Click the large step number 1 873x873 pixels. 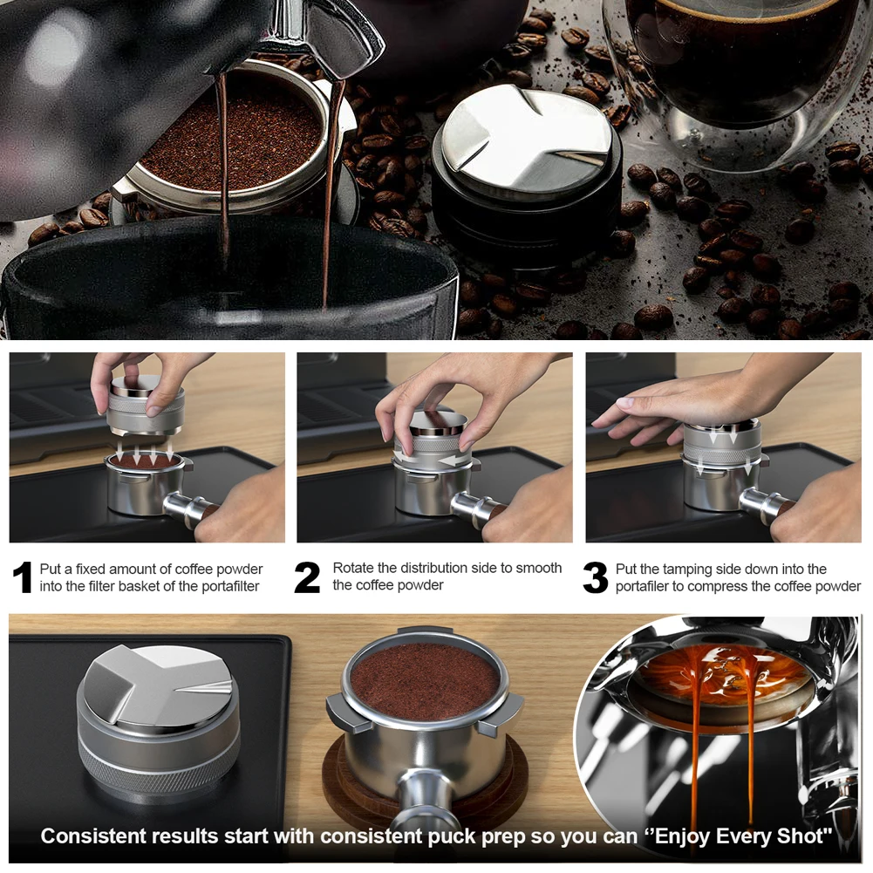tap(23, 577)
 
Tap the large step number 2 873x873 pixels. tap(307, 577)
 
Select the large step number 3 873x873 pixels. tap(595, 577)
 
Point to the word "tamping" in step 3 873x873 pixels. tap(686, 570)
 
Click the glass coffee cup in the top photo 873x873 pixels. tap(740, 78)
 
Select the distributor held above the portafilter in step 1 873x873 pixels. tap(145, 406)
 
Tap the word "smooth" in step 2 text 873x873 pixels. tap(539, 568)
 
